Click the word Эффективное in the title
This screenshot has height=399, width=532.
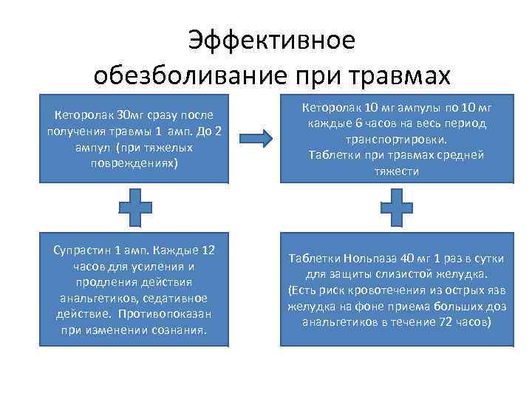271,41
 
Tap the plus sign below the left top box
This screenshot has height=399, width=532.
136,207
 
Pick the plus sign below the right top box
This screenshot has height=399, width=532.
397,207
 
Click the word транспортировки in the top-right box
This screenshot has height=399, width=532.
397,140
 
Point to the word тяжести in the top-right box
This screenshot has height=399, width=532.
396,171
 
